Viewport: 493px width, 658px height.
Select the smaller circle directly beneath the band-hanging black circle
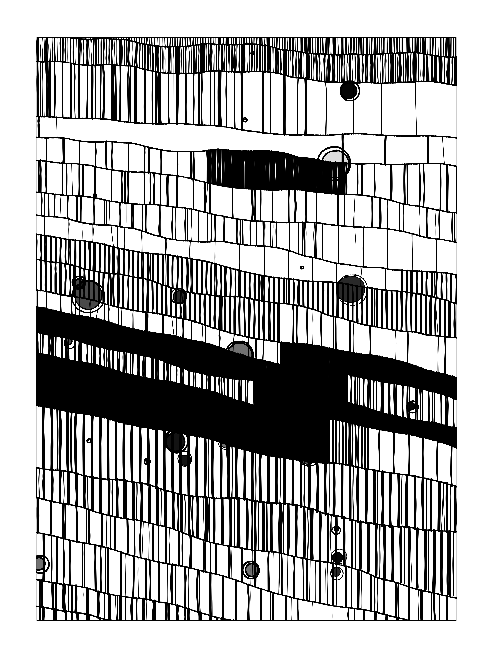pos(185,460)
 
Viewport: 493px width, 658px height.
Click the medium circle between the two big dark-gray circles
pos(179,296)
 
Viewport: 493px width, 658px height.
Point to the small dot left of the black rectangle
pos(95,195)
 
